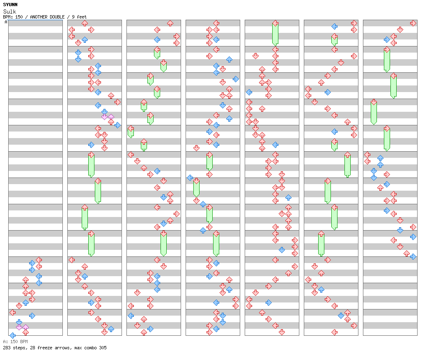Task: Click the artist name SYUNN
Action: (10, 5)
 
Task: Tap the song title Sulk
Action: (9, 12)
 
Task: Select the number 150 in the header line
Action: (19, 17)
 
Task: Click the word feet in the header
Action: (82, 17)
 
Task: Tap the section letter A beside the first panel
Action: (6, 22)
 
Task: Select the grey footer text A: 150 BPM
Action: (15, 342)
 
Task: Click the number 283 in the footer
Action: (7, 348)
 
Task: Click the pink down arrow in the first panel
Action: (19, 327)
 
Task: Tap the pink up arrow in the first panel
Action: (25, 327)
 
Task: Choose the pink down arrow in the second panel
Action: (104, 117)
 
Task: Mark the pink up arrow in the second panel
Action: (111, 117)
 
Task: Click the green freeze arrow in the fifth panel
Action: (275, 33)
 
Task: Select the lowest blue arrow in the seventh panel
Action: (413, 256)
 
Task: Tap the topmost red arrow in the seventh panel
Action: (413, 23)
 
